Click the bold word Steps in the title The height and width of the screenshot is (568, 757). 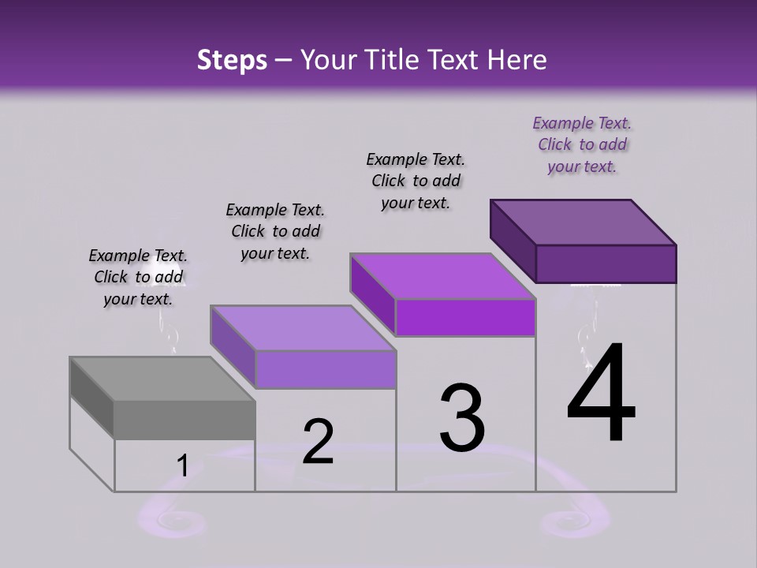pos(232,60)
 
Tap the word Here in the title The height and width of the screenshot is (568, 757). pos(517,60)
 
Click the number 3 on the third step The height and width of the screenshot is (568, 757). pos(462,418)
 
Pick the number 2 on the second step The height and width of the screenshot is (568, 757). pos(318,442)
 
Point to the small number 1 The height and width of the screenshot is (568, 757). pos(182,466)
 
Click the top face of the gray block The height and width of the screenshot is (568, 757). pos(162,379)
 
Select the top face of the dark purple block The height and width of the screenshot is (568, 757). pos(584,222)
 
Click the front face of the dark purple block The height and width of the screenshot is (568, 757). pos(606,263)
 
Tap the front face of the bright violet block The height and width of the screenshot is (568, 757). pos(465,317)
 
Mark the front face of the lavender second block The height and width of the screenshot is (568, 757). pos(325,369)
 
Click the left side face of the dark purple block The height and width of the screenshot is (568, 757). pos(513,241)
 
